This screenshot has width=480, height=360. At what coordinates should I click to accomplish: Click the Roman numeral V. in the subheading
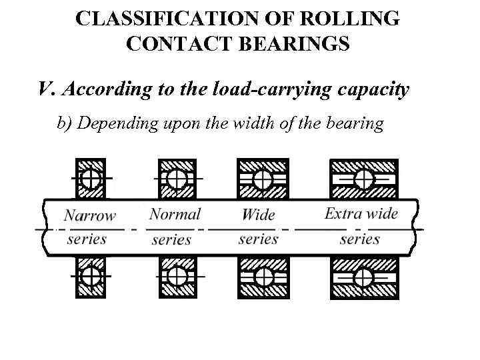point(46,89)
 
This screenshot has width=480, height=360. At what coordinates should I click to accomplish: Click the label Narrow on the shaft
point(89,216)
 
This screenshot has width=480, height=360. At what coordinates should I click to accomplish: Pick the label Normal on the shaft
point(175,214)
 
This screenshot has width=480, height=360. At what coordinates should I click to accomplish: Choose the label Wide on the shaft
point(258,215)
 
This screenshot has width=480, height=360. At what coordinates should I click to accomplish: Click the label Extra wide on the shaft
point(361,214)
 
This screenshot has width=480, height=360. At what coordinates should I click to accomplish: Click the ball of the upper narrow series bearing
point(90,179)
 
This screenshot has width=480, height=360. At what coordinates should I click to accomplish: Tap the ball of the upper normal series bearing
point(176,179)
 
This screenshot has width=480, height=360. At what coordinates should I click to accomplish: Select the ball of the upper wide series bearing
point(263,179)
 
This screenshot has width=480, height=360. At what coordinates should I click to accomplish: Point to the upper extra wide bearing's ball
point(363,179)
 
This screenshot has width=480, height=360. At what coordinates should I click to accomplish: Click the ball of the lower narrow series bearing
point(90,275)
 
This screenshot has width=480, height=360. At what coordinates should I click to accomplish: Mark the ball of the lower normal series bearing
point(176,275)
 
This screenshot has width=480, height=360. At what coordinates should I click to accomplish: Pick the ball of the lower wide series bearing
point(263,275)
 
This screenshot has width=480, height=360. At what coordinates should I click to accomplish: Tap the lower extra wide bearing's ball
point(363,275)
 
